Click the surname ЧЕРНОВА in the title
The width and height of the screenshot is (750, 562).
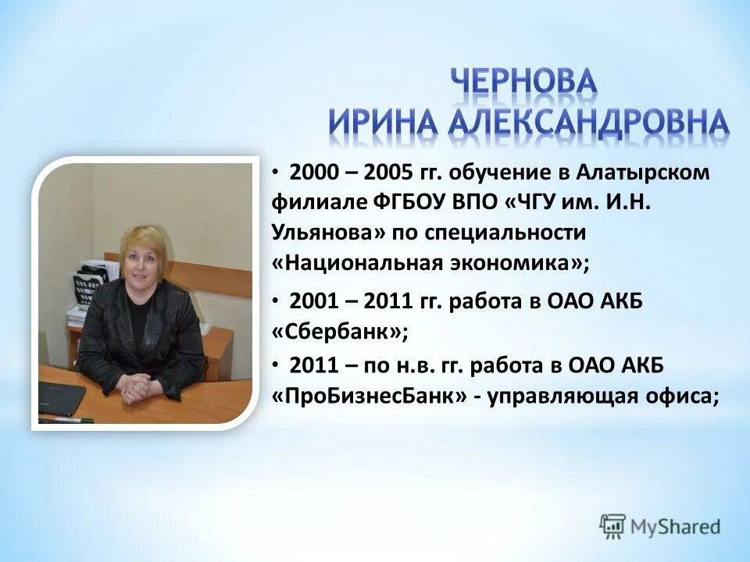tap(523, 83)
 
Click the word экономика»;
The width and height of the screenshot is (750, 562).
tap(531, 263)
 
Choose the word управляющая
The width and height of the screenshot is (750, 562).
tap(562, 395)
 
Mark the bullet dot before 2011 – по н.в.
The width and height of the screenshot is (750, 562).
tap(276, 364)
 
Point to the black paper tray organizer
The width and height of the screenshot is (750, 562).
tap(88, 285)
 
